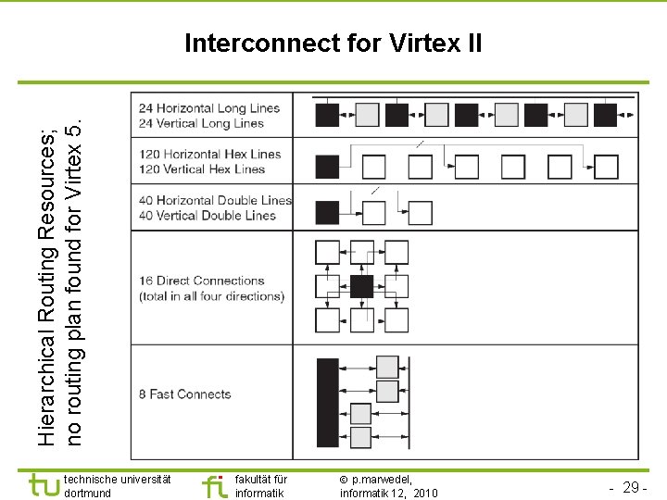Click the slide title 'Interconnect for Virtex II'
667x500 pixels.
pos(333,44)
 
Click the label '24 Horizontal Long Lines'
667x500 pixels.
pos(209,108)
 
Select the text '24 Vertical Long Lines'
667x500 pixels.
pos(201,123)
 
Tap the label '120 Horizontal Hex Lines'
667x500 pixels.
pos(209,154)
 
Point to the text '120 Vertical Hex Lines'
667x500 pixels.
pos(202,169)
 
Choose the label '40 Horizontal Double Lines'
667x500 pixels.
pos(214,200)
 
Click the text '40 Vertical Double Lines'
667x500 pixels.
pos(207,215)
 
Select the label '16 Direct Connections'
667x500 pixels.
pos(201,281)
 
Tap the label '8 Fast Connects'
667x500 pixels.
pos(184,394)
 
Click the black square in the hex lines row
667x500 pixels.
pos(327,167)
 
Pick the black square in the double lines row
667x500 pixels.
pos(327,213)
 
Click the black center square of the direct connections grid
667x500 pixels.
pos(362,286)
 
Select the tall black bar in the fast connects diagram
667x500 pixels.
pos(327,404)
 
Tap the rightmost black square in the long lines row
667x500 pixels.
pos(605,115)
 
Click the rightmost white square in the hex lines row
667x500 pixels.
pos(606,167)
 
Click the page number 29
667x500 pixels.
pos(633,487)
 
